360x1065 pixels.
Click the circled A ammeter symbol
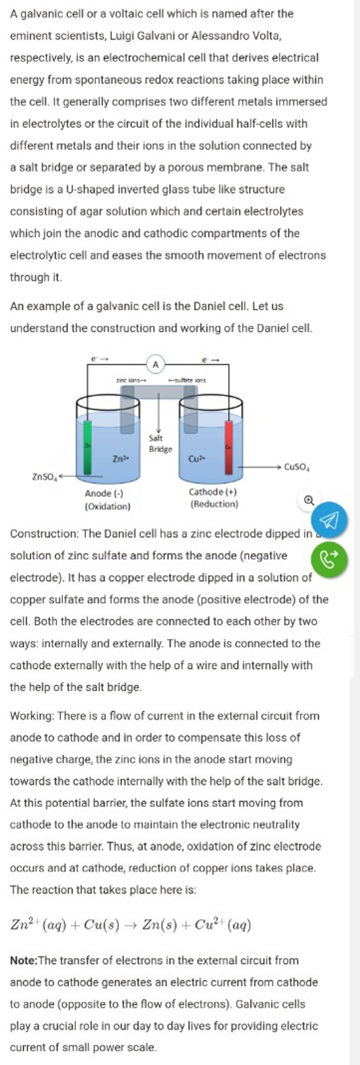pos(156,364)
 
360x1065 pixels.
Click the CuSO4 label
pos(297,467)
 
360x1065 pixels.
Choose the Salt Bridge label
pos(160,444)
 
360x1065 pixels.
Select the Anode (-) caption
pos(104,493)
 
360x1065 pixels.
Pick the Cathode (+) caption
pos(212,492)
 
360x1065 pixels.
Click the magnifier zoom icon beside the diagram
pos(309,501)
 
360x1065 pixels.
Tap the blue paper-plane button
pos(329,520)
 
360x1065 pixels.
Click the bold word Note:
pos(24,960)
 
